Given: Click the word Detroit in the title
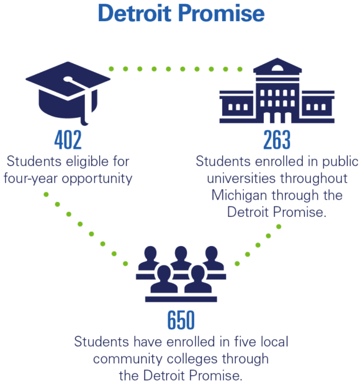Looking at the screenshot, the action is pyautogui.click(x=135, y=13).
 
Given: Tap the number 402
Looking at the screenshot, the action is pyautogui.click(x=68, y=139).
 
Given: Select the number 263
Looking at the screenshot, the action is pyautogui.click(x=277, y=139).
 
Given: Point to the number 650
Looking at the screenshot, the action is pyautogui.click(x=181, y=320).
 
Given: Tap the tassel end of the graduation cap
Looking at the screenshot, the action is pyautogui.click(x=84, y=121).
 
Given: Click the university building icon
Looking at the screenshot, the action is pyautogui.click(x=277, y=91).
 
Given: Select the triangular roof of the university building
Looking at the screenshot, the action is pyautogui.click(x=277, y=65).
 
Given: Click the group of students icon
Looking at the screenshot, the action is pyautogui.click(x=181, y=274).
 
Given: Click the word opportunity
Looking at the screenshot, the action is pyautogui.click(x=97, y=179).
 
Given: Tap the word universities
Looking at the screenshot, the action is pyautogui.click(x=241, y=178).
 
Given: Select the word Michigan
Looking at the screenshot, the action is pyautogui.click(x=239, y=196).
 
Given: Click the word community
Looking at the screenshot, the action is pyautogui.click(x=128, y=359).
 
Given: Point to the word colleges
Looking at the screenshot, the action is pyautogui.click(x=192, y=360).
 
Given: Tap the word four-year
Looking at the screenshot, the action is pyautogui.click(x=30, y=179).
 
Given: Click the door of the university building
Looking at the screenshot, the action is pyautogui.click(x=277, y=118).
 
